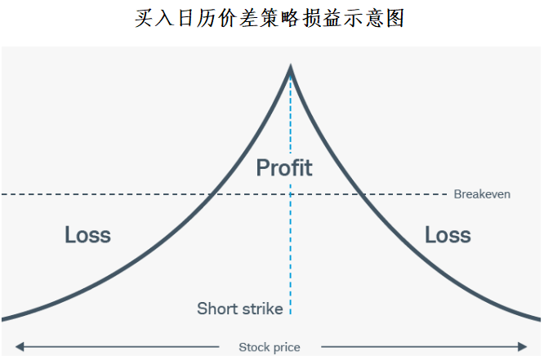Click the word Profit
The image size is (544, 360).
pyautogui.click(x=284, y=167)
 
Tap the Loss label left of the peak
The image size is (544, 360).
pyautogui.click(x=87, y=235)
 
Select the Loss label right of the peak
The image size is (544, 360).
pyautogui.click(x=448, y=235)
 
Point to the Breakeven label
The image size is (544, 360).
pyautogui.click(x=482, y=194)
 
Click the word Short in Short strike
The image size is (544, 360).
pyautogui.click(x=216, y=309)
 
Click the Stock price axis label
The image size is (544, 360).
pyautogui.click(x=270, y=347)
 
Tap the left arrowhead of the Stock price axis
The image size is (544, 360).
pyautogui.click(x=20, y=346)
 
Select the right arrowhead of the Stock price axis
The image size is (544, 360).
pyautogui.click(x=523, y=346)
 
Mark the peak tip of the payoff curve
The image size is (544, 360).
pyautogui.click(x=291, y=66)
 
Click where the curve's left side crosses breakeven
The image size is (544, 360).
pyautogui.click(x=211, y=194)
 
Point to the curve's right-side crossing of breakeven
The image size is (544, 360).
pyautogui.click(x=362, y=194)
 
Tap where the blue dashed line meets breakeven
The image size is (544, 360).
pyautogui.click(x=291, y=194)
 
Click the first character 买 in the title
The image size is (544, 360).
pyautogui.click(x=145, y=18)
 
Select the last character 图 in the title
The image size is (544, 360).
pyautogui.click(x=395, y=18)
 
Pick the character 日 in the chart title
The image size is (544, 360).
pyautogui.click(x=186, y=18)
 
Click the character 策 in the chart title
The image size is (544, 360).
pyautogui.click(x=270, y=18)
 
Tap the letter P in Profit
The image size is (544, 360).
pyautogui.click(x=263, y=168)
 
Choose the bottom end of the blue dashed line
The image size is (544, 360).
pyautogui.click(x=291, y=314)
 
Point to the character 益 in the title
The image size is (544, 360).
pyautogui.click(x=332, y=18)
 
